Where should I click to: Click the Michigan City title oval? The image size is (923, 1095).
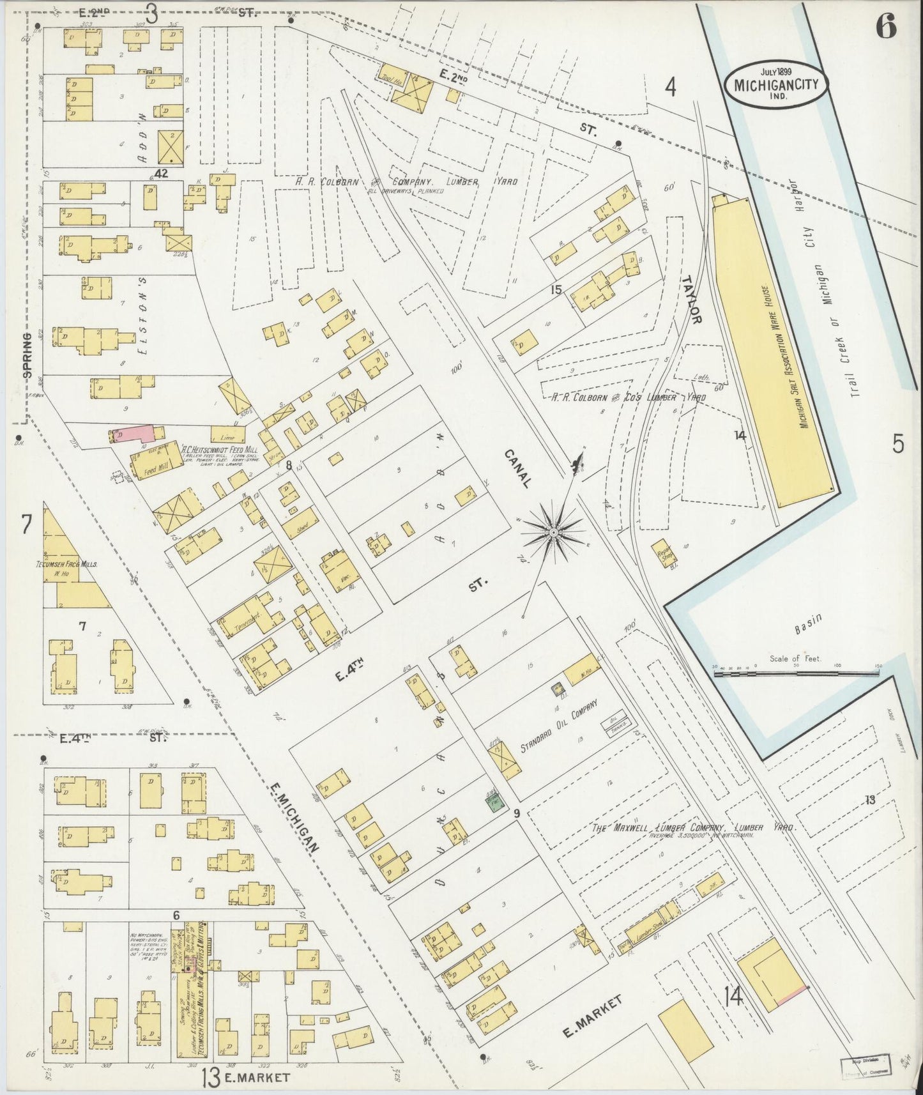(x=777, y=84)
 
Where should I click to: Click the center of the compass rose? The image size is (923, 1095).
(x=553, y=530)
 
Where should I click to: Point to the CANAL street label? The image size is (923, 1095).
(x=519, y=469)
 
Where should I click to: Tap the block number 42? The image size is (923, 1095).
(x=160, y=173)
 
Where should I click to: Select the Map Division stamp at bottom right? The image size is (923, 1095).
(x=864, y=1064)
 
